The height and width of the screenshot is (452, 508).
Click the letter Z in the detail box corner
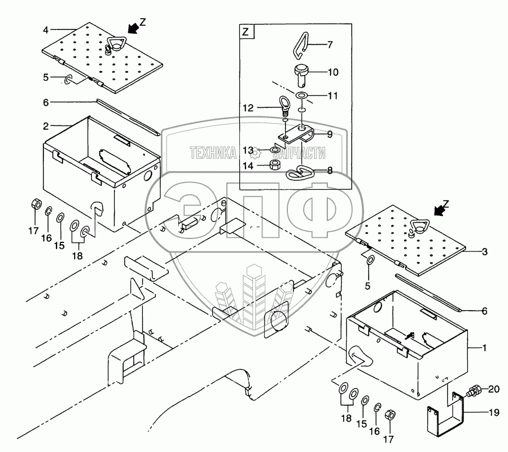pos(245,32)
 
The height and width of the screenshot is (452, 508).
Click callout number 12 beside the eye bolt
pos(248,107)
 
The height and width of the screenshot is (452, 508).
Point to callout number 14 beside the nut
pos(248,166)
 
